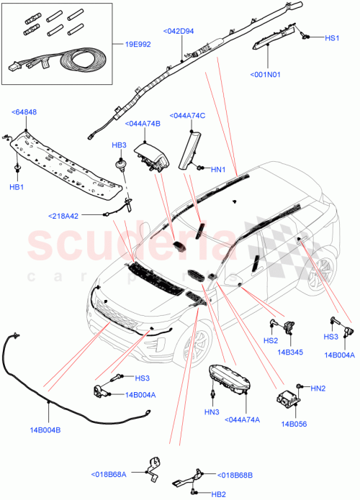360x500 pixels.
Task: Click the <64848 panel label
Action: pyautogui.click(x=25, y=112)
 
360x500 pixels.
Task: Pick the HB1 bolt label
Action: pyautogui.click(x=15, y=187)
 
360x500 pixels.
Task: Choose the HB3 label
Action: pyautogui.click(x=119, y=145)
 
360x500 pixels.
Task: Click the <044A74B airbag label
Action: pyautogui.click(x=143, y=124)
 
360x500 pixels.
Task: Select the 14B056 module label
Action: pyautogui.click(x=295, y=424)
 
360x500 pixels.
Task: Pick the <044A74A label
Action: pyautogui.click(x=243, y=419)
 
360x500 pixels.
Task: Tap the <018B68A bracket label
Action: pyautogui.click(x=109, y=474)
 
